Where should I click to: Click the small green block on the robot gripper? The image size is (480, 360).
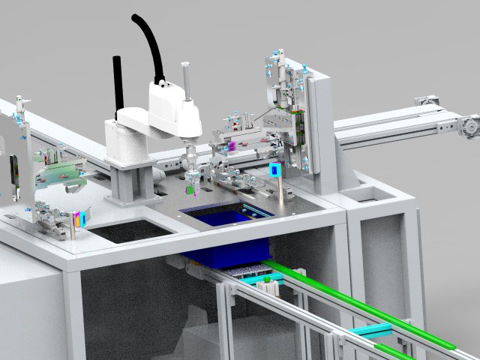193,190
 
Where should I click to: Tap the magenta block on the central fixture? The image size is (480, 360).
232,143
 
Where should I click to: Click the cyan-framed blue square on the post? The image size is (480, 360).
275,170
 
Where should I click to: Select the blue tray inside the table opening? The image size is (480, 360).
225,217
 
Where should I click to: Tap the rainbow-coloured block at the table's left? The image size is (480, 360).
80,220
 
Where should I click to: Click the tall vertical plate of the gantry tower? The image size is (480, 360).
319,127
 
